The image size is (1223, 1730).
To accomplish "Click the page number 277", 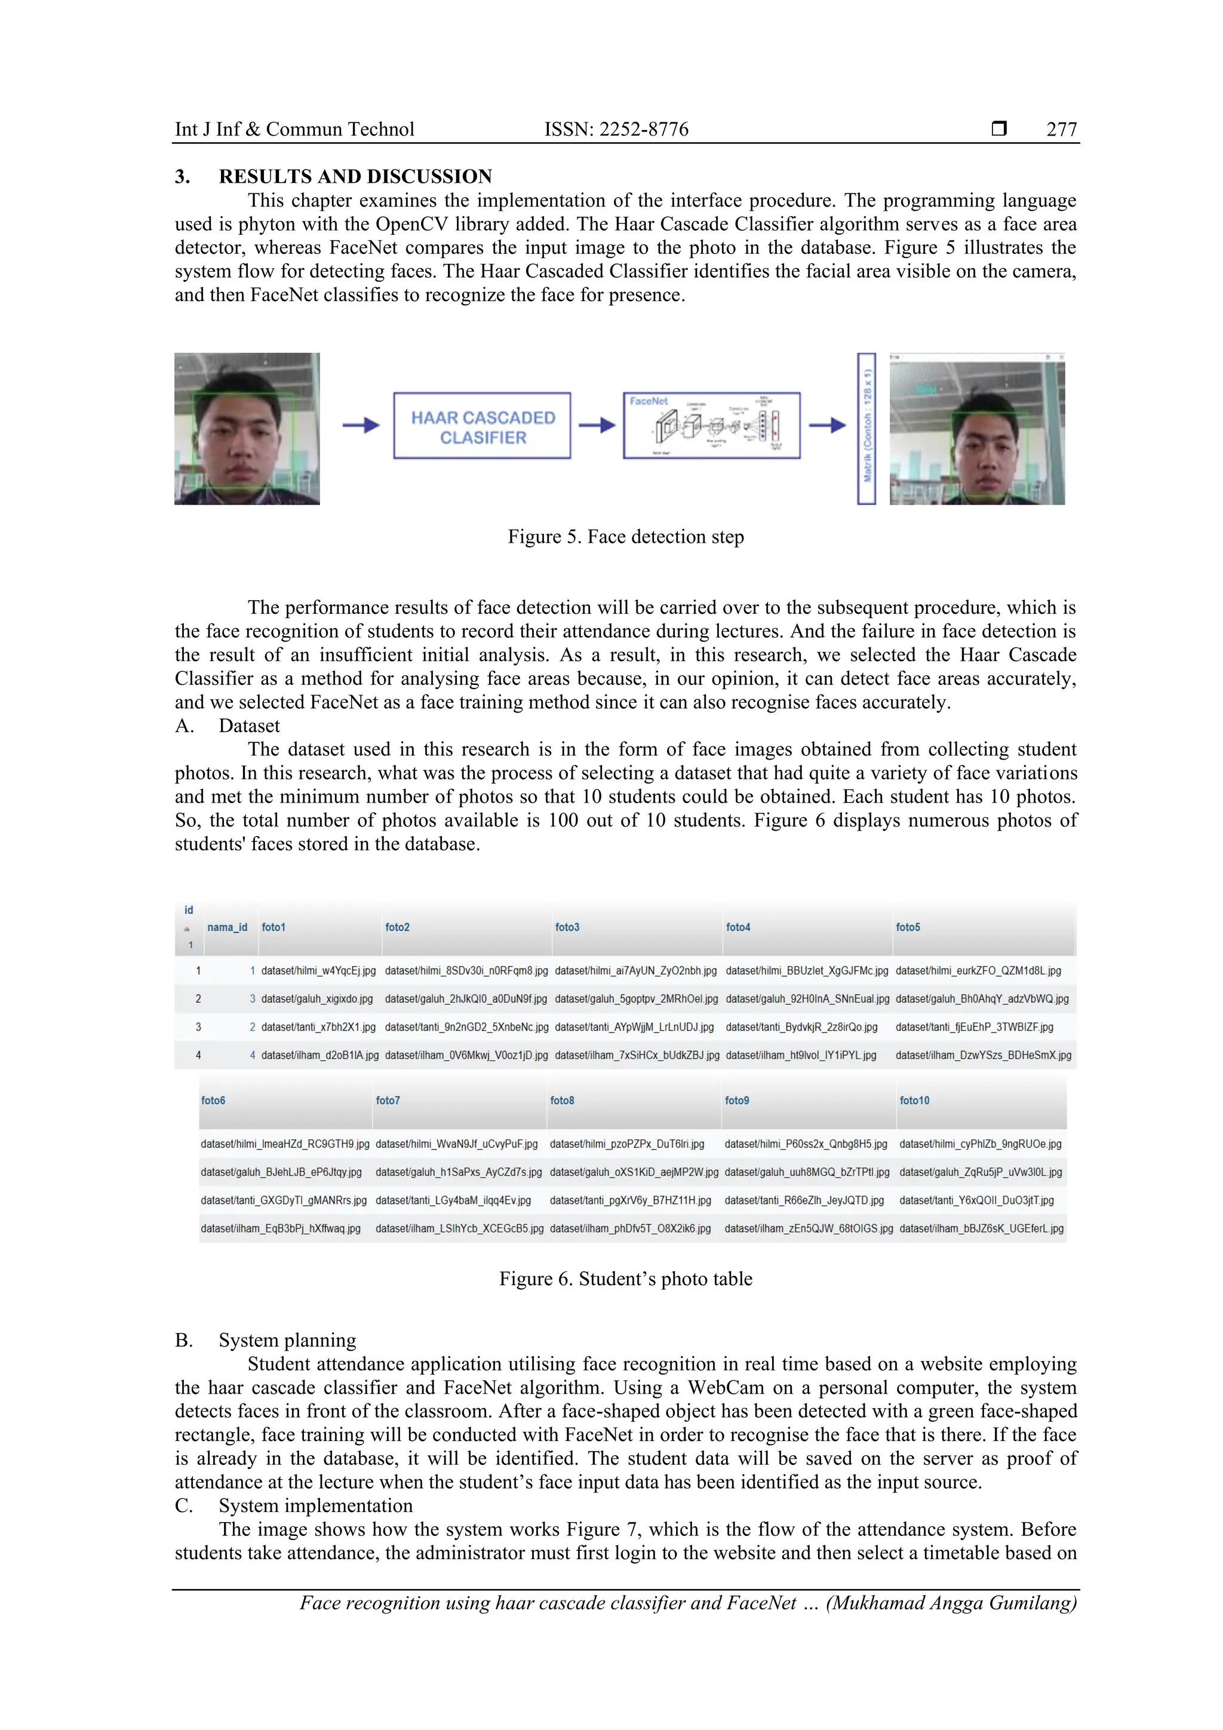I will pyautogui.click(x=1061, y=130).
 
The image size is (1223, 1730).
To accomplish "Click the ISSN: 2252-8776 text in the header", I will pyautogui.click(x=616, y=130).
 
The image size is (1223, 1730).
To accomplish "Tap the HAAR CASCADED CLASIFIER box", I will pyautogui.click(x=483, y=426).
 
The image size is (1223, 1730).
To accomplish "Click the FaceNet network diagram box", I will pyautogui.click(x=711, y=426).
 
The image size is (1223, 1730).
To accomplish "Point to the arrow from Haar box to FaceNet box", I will pyautogui.click(x=597, y=426).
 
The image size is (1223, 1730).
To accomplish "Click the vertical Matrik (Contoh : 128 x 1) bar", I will pyautogui.click(x=866, y=428).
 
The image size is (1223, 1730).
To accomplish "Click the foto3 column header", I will pyautogui.click(x=567, y=927).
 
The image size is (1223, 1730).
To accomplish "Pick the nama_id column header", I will pyautogui.click(x=227, y=927).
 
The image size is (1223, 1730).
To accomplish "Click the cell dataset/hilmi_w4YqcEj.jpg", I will pyautogui.click(x=318, y=970).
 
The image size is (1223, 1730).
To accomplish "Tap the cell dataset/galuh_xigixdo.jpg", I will pyautogui.click(x=316, y=998).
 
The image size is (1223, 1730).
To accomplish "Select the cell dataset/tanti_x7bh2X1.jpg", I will pyautogui.click(x=318, y=1027).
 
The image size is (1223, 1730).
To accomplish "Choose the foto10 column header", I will pyautogui.click(x=914, y=1100).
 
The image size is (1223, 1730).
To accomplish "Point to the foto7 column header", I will pyautogui.click(x=388, y=1100).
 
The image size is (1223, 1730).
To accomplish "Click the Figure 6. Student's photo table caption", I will pyautogui.click(x=625, y=1279).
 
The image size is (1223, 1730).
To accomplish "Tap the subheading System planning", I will pyautogui.click(x=287, y=1341).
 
